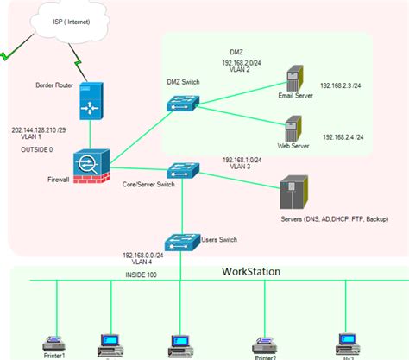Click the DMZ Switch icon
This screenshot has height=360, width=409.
point(184,101)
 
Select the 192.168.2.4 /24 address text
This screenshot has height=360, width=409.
point(343,137)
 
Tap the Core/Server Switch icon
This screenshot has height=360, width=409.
point(183,170)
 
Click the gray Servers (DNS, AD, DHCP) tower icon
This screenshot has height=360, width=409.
point(293,192)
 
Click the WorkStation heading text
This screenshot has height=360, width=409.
point(251,271)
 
